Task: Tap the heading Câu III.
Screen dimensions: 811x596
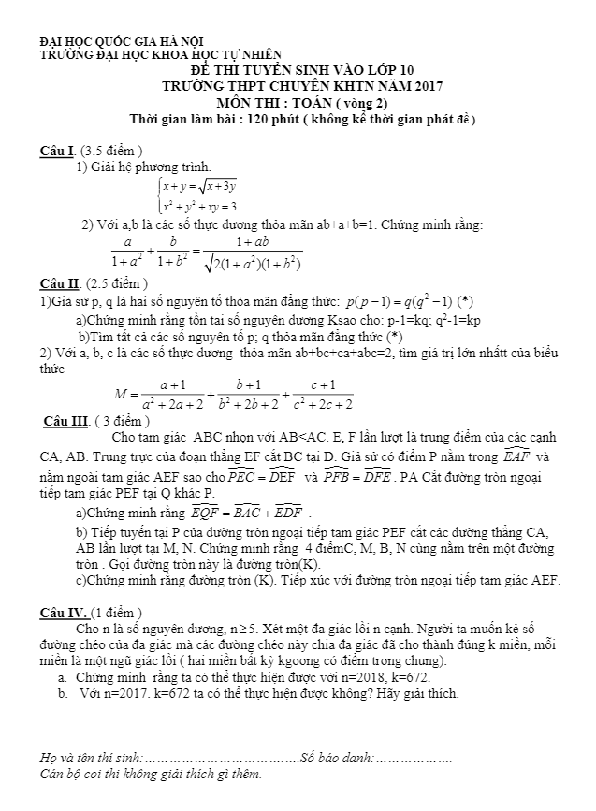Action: coord(66,420)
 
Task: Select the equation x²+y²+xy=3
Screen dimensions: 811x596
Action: coord(197,206)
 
